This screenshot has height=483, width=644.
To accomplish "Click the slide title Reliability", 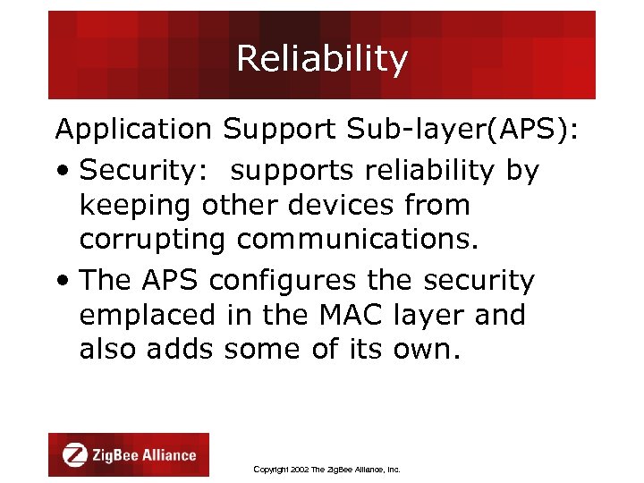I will tap(322, 59).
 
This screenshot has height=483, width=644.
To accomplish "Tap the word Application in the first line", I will tap(132, 130).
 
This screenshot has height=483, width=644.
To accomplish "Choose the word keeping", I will tap(135, 207).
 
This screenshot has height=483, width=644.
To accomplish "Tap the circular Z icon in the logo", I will tap(75, 454).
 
